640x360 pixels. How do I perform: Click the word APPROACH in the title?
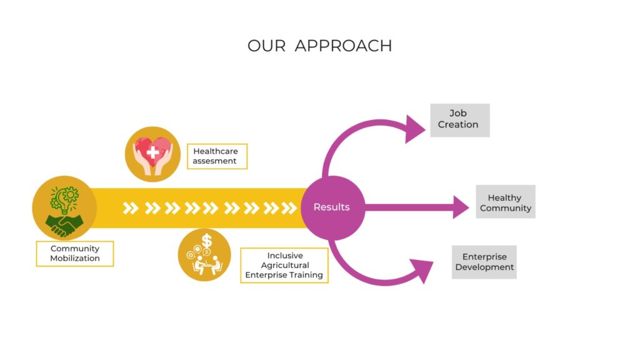coord(343,46)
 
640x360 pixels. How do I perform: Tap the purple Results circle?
coord(332,207)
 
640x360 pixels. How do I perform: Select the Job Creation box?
coord(459,119)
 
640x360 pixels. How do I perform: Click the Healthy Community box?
coord(505,202)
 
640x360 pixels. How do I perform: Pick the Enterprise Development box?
coord(484,262)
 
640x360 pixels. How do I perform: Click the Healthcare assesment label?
coord(216,156)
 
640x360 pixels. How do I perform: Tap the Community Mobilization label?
coord(74,254)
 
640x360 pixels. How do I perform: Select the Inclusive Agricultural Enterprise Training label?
coord(284,265)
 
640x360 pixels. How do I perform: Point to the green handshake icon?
coord(64,223)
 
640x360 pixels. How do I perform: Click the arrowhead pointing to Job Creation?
coord(414,129)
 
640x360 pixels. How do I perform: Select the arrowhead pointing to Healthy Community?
coord(461,207)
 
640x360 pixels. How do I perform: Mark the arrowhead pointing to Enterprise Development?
coord(422,270)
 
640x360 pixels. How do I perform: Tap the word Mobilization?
coord(74,258)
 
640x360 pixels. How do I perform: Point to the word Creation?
coord(458,125)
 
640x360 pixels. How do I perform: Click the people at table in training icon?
coord(205,264)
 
